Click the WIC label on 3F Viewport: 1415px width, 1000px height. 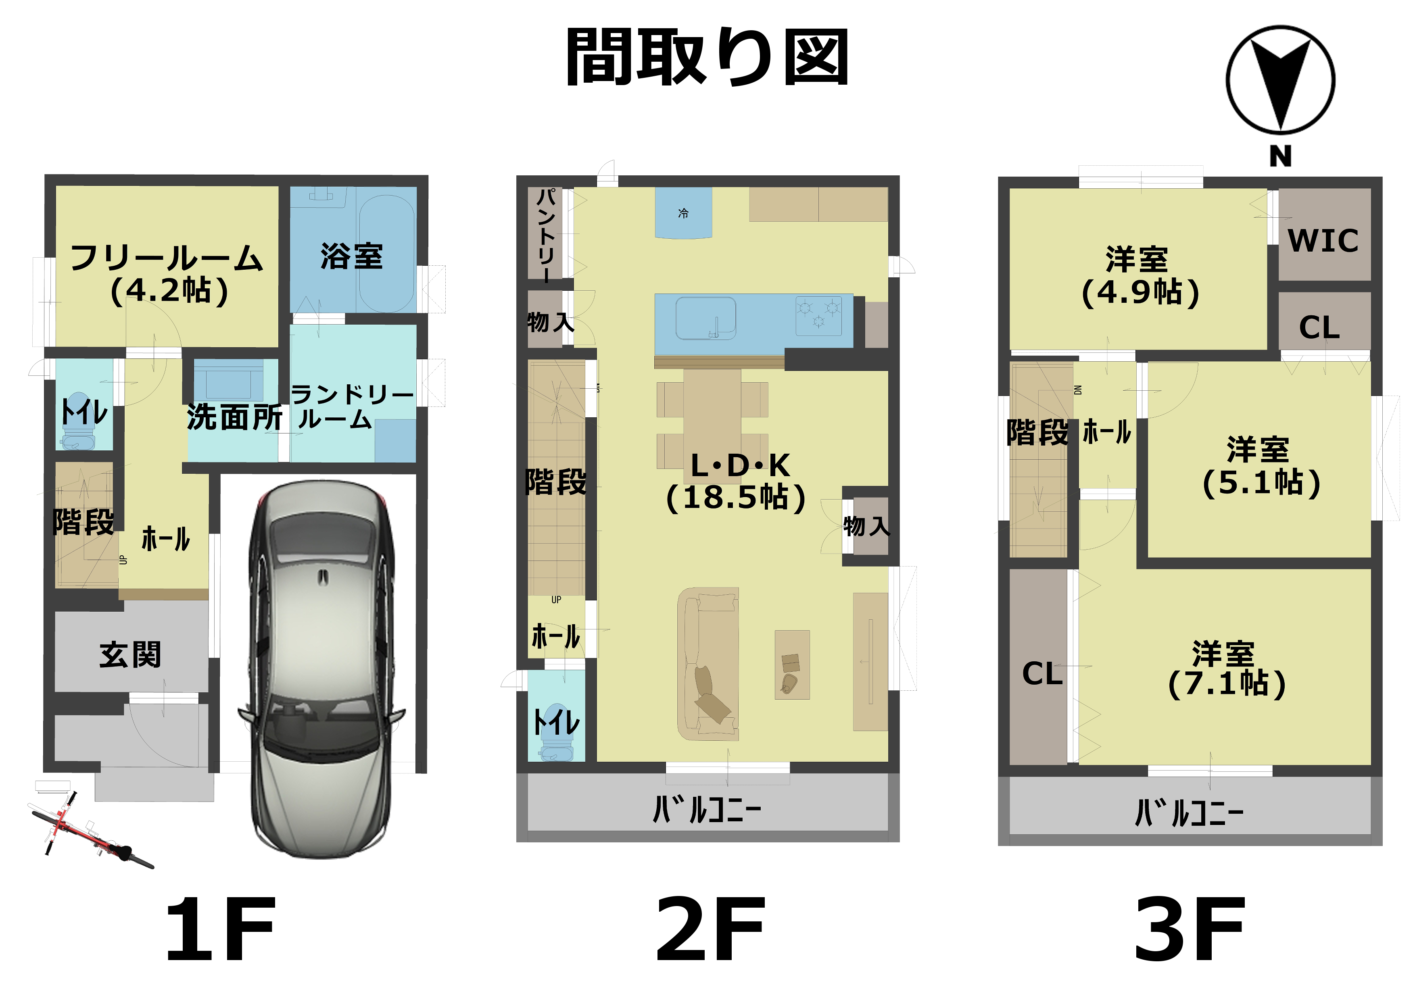[1323, 240]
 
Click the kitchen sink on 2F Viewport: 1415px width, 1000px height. [705, 319]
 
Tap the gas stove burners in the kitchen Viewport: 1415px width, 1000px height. [818, 316]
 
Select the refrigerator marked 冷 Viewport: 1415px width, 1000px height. [683, 212]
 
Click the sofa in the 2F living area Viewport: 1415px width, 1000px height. [708, 664]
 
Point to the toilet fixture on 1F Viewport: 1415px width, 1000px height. [78, 421]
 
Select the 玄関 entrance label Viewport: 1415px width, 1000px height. [131, 654]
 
